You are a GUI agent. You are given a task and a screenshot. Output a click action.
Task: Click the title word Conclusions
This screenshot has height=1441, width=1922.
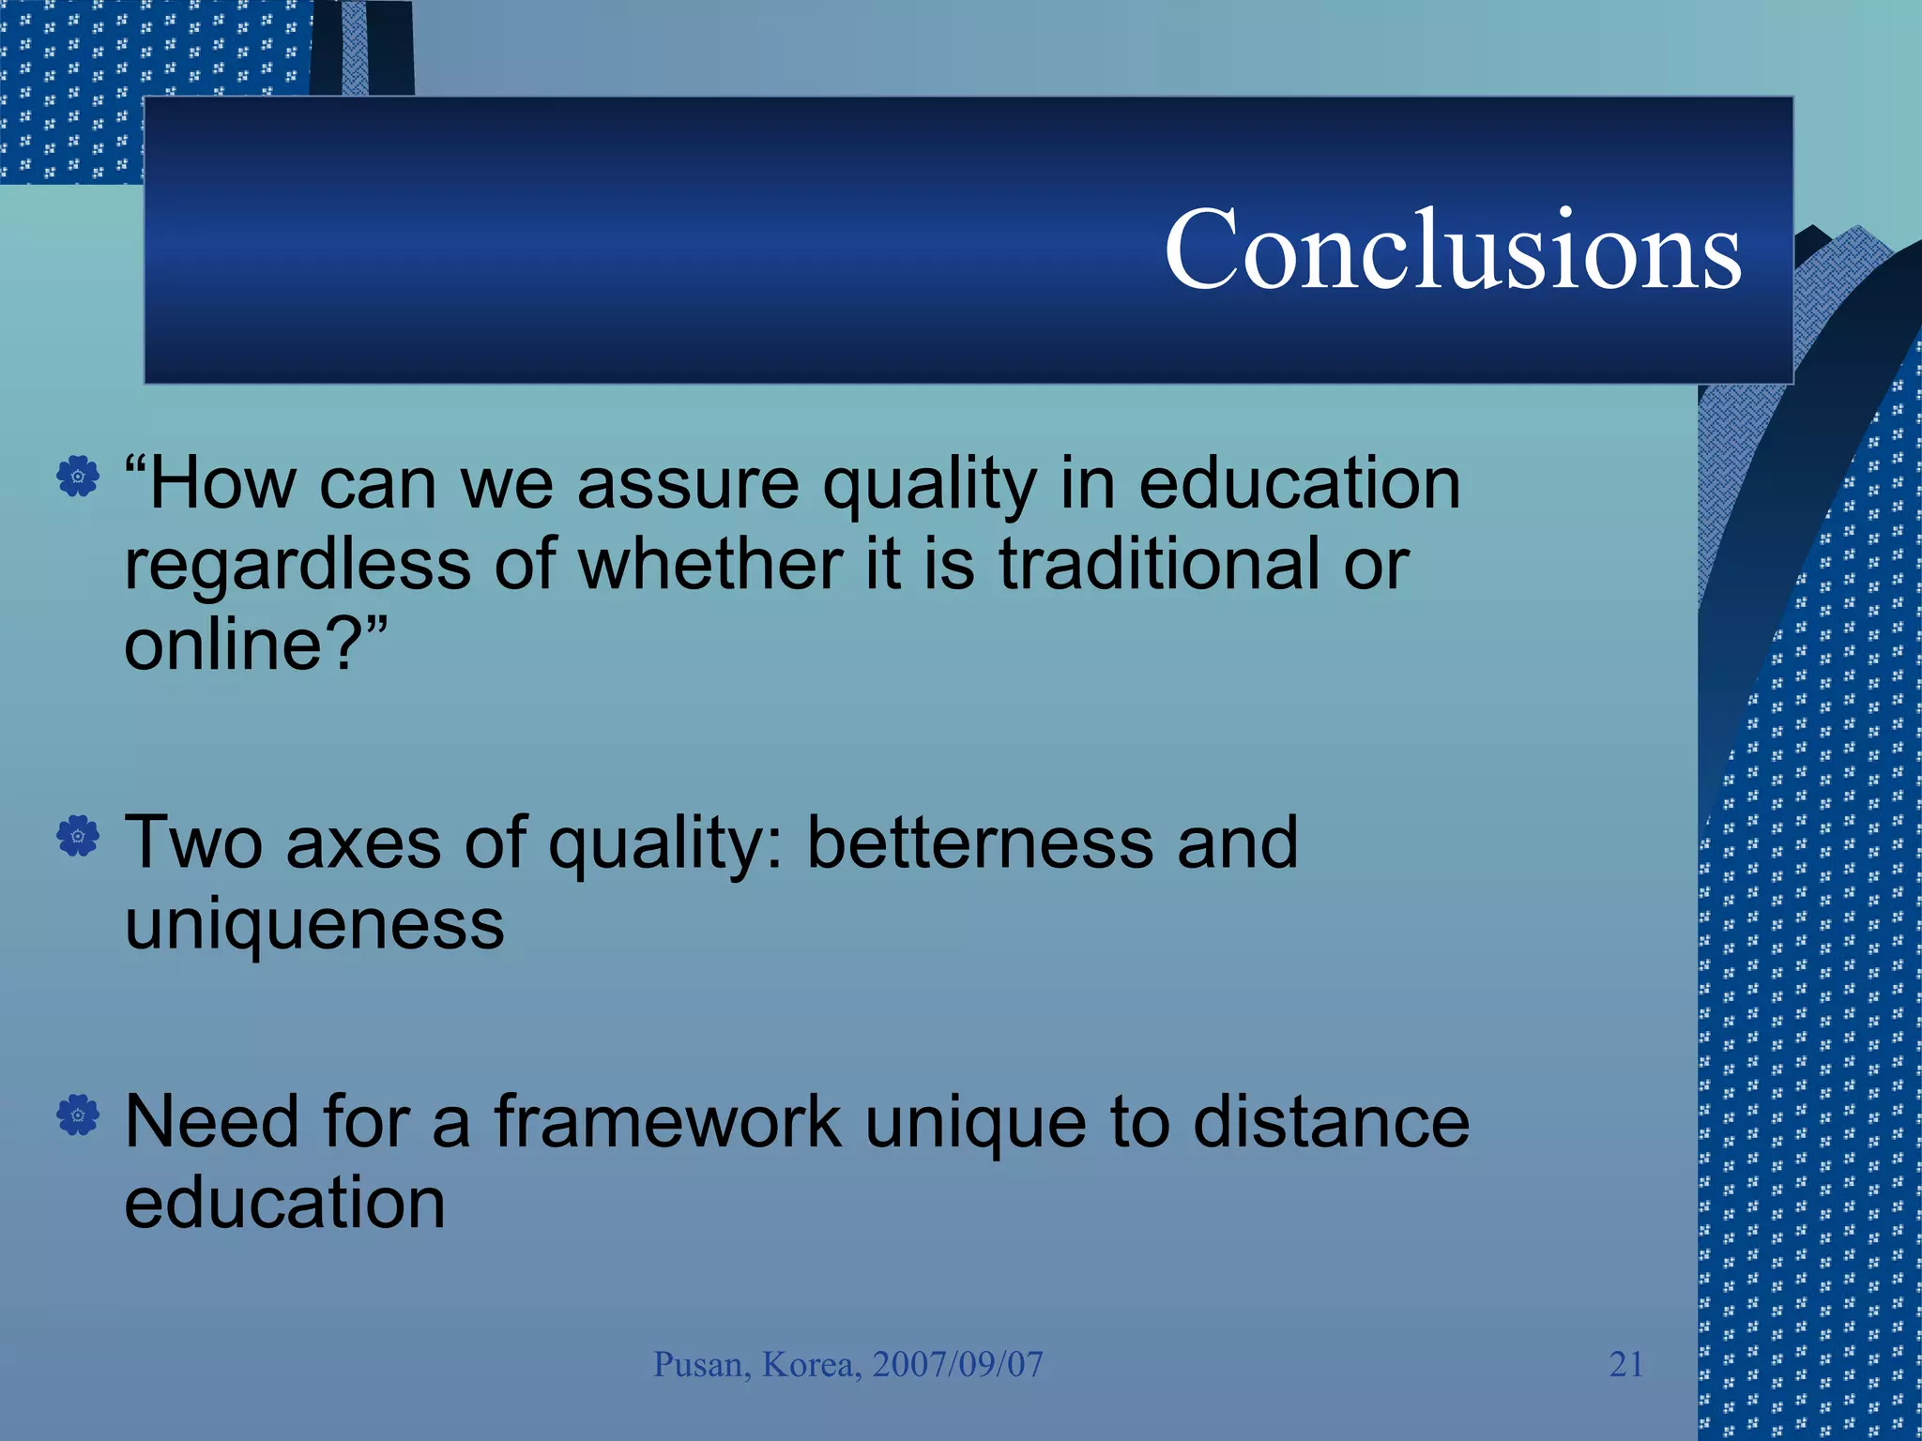pos(1453,250)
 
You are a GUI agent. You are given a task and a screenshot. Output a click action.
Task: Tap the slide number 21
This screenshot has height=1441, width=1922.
pos(1626,1364)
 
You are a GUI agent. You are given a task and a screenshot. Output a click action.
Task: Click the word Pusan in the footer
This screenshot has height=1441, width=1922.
pos(700,1365)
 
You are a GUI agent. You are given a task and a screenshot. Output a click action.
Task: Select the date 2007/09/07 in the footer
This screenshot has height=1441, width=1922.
pos(957,1365)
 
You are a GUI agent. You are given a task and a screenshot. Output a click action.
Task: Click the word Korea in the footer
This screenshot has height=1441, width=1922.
pos(810,1365)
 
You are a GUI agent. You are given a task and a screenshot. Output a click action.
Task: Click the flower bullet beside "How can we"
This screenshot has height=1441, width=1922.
pos(78,477)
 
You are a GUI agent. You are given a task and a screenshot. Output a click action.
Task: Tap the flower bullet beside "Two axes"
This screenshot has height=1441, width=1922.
pos(78,835)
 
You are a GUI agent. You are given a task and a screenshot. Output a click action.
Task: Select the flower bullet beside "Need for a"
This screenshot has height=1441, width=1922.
pos(78,1115)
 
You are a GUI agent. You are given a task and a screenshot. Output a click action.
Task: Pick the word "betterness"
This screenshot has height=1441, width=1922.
pos(980,842)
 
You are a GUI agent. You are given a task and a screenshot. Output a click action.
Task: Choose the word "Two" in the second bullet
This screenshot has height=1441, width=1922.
pos(193,842)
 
